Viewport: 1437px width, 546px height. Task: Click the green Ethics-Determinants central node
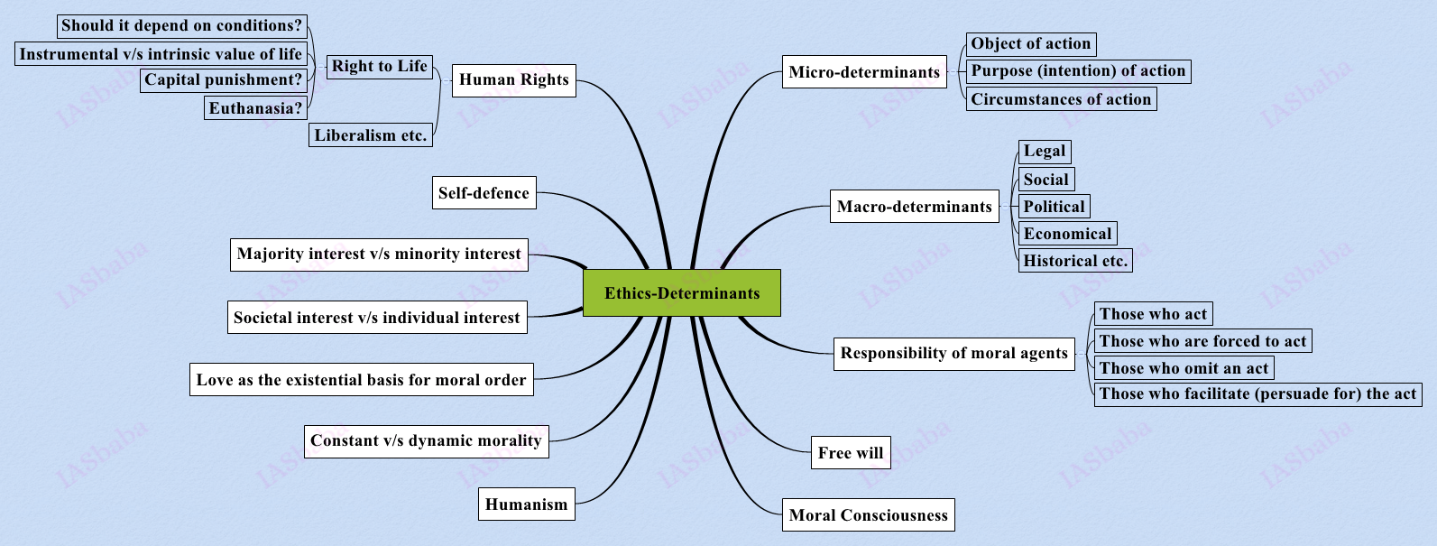682,293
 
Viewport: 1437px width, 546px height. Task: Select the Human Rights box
513,80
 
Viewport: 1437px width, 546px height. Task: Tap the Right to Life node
379,67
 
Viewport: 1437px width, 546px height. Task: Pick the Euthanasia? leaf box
256,108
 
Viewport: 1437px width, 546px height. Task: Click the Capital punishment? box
224,80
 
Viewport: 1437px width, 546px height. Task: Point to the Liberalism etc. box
371,135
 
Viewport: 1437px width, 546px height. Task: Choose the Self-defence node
484,193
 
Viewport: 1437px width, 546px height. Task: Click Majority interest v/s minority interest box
379,254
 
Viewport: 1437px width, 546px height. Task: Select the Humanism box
527,504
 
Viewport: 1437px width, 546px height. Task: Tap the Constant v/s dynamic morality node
426,441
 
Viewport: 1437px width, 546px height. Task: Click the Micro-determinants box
864,72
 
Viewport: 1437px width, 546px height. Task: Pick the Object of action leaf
1031,44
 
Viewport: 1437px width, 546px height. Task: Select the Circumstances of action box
1061,99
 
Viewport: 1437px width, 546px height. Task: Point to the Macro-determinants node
914,207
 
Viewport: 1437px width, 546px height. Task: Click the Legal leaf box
1045,151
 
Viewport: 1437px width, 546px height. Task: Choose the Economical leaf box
1067,234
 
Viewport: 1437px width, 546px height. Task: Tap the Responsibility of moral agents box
953,353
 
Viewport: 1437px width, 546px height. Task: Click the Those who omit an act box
1184,368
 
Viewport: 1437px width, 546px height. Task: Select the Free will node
851,453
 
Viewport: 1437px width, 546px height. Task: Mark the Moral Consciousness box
868,515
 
